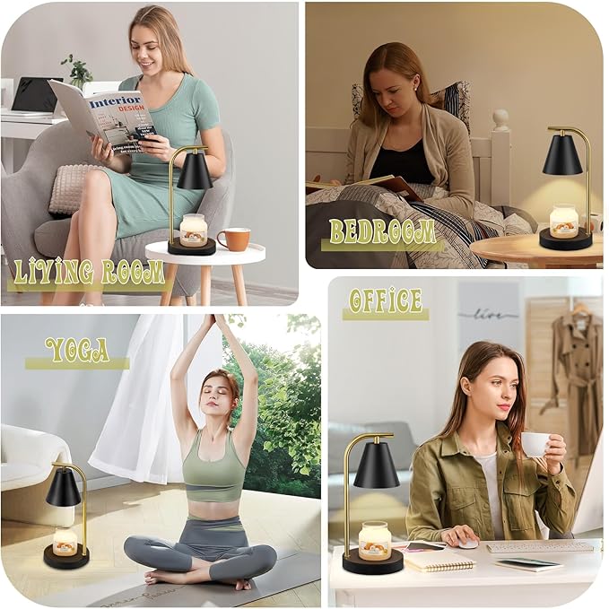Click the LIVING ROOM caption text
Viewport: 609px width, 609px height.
pyautogui.click(x=88, y=272)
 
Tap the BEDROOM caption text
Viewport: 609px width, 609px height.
pyautogui.click(x=382, y=232)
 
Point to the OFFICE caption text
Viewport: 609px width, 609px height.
pyautogui.click(x=385, y=300)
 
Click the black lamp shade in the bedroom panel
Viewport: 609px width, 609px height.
pyautogui.click(x=562, y=156)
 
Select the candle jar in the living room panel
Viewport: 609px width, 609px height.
pyautogui.click(x=193, y=230)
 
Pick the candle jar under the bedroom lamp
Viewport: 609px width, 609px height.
pyautogui.click(x=564, y=221)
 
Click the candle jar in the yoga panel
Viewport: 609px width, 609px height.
pyautogui.click(x=65, y=541)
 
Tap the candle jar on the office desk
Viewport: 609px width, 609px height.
pyautogui.click(x=374, y=540)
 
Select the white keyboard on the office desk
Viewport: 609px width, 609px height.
pyautogui.click(x=540, y=546)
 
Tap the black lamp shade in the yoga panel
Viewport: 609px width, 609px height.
pyautogui.click(x=63, y=487)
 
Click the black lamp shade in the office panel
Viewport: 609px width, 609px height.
pyautogui.click(x=376, y=466)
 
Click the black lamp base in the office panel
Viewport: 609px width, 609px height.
pyautogui.click(x=372, y=563)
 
